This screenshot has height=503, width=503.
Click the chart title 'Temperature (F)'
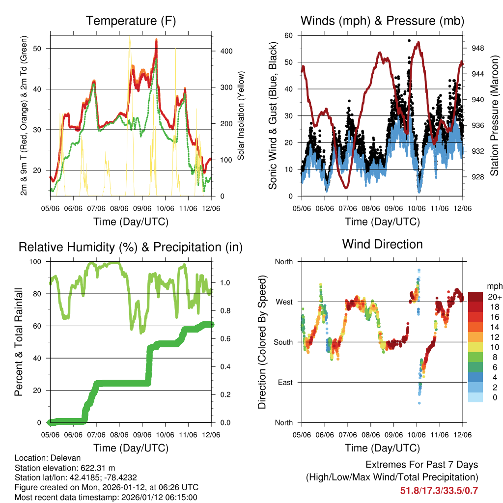pos(131,21)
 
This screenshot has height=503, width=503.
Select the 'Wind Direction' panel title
pos(382,244)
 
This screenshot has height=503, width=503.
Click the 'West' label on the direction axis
pos(284,302)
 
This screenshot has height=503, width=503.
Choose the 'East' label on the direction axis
pos(284,382)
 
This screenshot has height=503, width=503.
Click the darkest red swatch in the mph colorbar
pos(475,297)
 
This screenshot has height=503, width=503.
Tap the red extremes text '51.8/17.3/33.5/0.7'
pos(440,490)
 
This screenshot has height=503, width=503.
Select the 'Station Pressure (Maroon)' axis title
pos(494,115)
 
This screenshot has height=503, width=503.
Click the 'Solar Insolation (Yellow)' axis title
pos(241,115)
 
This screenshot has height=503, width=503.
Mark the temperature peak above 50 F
pos(156,41)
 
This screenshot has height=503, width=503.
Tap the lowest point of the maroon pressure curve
pos(347,187)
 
